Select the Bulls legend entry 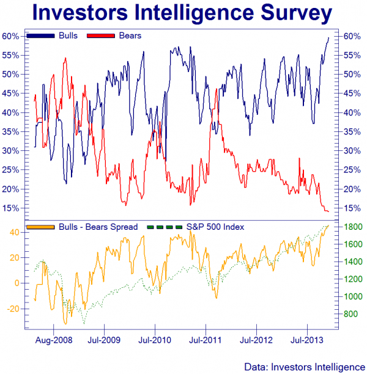click(x=68, y=36)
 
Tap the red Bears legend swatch click(x=102, y=36)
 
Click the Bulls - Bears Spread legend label click(x=98, y=227)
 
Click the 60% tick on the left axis click(x=12, y=36)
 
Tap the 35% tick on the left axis click(x=12, y=132)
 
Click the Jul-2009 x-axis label click(x=103, y=338)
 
